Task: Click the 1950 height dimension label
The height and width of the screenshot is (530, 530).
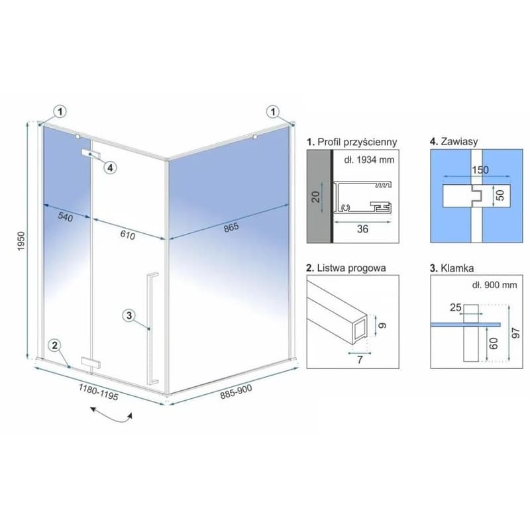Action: coord(21,240)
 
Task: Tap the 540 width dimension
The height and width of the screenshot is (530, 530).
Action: coord(65,217)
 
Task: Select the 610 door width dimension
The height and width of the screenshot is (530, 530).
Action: coord(128,235)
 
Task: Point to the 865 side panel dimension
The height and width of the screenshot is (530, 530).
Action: coord(231,227)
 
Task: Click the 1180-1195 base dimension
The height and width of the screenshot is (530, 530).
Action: coord(98,392)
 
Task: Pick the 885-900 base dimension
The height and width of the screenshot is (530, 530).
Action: coord(236,392)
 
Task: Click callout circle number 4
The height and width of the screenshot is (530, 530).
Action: coord(111,168)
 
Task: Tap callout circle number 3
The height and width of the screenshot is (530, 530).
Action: coord(129,315)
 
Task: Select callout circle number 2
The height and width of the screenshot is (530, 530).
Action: coord(55,345)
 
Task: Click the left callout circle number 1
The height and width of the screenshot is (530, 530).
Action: coord(60,111)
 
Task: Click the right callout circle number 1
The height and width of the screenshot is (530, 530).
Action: coord(273,111)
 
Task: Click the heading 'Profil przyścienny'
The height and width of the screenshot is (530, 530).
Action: coord(357,142)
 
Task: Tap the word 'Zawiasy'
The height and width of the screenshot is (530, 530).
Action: coord(459,141)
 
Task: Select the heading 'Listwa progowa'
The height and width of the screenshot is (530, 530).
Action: coord(351,268)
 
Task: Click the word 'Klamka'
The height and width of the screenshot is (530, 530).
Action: coord(457,268)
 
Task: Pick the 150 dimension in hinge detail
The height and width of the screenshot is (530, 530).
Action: coord(480,170)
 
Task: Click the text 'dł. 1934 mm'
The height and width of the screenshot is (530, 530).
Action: coord(369,160)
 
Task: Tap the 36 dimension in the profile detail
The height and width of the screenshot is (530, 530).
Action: coord(362,229)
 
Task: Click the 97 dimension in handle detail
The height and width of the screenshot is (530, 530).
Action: coord(515,333)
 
